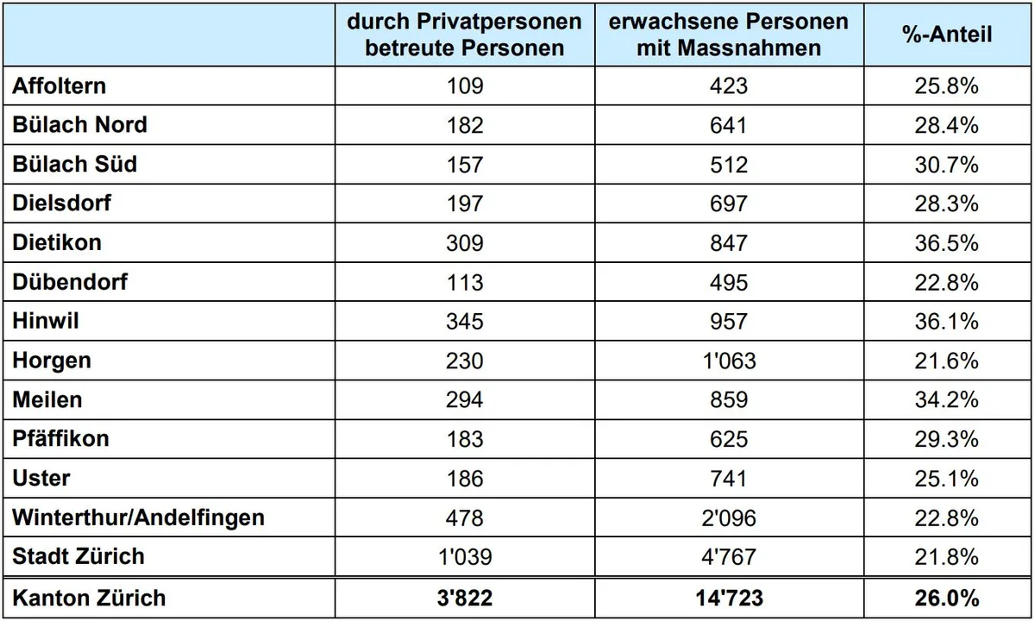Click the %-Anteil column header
(947, 34)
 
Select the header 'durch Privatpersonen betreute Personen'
(464, 34)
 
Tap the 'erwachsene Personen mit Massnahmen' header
(729, 34)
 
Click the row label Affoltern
(60, 86)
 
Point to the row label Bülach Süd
(75, 164)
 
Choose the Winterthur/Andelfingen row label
(139, 517)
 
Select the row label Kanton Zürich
(89, 598)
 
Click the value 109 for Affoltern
(465, 86)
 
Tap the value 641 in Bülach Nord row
(729, 125)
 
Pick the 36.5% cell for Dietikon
(947, 243)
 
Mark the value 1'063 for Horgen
(729, 361)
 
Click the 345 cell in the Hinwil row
(465, 322)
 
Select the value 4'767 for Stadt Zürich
(729, 557)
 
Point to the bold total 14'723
(730, 598)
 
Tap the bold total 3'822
(465, 598)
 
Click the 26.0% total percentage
(947, 598)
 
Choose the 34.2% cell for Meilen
(947, 400)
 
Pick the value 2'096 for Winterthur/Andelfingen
(729, 518)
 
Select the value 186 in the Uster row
(465, 479)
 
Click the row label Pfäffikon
(60, 439)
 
